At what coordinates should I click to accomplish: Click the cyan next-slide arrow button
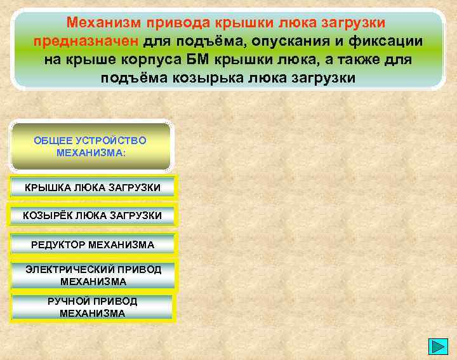pos(438,347)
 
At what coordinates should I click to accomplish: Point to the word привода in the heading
pos(176,23)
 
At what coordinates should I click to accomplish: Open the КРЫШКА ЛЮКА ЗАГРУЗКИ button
pos(93,187)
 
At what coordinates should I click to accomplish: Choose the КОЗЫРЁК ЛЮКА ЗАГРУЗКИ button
pos(93,216)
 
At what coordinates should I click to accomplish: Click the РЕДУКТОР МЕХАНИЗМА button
pos(93,244)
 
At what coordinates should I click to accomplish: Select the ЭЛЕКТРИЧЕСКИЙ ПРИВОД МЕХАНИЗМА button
pos(93,275)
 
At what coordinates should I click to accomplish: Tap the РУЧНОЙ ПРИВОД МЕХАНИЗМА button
pos(93,307)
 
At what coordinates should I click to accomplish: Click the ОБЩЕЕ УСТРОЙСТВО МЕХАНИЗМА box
pos(91,147)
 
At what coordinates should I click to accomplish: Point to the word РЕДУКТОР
pos(58,244)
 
